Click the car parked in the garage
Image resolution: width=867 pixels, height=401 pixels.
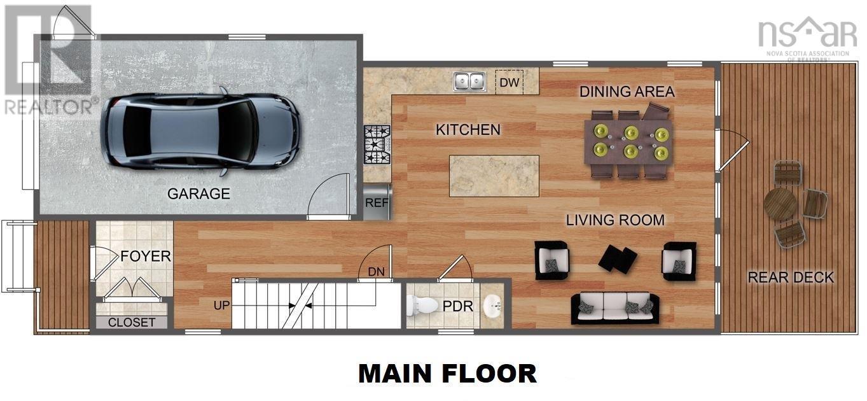coord(199,132)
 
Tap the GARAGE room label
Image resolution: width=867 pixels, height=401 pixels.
coord(198,194)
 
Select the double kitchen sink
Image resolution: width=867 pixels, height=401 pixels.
coord(469,81)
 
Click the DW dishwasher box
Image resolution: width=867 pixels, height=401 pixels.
coord(509,81)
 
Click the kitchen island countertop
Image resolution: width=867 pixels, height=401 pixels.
coord(494,176)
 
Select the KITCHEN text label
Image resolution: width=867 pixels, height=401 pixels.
coord(468,130)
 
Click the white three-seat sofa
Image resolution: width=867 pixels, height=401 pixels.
coord(614,308)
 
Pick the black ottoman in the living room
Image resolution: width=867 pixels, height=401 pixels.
coord(618,258)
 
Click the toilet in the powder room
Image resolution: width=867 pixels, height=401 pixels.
coord(422,306)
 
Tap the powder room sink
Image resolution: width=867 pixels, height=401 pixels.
coord(492,306)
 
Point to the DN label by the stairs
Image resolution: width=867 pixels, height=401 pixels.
coord(376,272)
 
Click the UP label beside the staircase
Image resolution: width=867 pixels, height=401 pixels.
coord(221,306)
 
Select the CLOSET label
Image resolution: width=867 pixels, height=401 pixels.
coord(132,322)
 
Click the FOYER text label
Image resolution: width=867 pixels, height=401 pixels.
coord(146,257)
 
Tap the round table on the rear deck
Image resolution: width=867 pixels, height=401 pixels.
coord(780,204)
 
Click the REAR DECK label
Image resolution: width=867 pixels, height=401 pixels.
coord(791,278)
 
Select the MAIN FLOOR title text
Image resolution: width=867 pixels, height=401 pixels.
coord(447,374)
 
